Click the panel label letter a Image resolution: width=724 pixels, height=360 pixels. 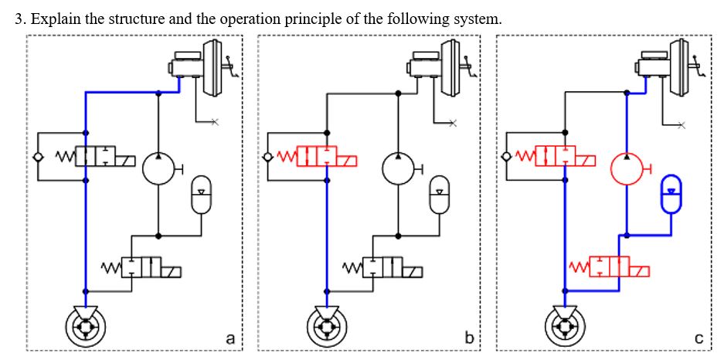point(229,338)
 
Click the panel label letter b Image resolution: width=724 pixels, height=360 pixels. point(469,338)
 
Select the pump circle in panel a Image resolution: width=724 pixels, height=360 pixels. point(158,167)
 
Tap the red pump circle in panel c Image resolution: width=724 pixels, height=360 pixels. point(627,167)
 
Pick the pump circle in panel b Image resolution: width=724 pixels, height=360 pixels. point(398,167)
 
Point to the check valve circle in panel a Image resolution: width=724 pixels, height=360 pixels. point(38,158)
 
